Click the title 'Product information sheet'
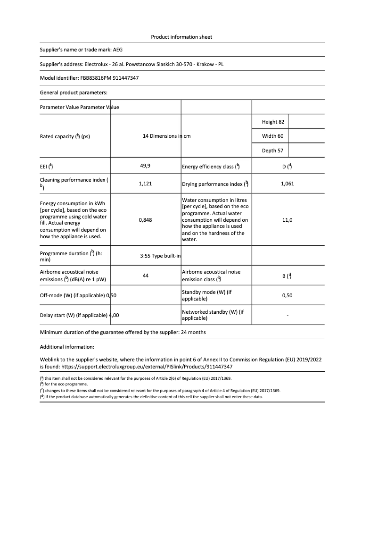click(x=181, y=37)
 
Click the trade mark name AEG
click(x=118, y=50)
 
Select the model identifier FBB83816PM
click(x=96, y=78)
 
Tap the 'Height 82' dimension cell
click(x=273, y=122)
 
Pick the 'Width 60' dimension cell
click(x=273, y=136)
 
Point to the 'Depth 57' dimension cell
click(x=273, y=151)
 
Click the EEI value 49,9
click(x=145, y=166)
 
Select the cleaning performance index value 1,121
click(x=145, y=184)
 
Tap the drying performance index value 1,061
click(x=287, y=184)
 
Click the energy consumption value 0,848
click(x=145, y=220)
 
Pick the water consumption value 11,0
click(x=287, y=220)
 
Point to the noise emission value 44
click(x=145, y=276)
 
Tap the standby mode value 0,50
click(x=287, y=295)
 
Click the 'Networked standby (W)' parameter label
click(x=213, y=315)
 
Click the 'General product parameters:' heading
click(x=74, y=92)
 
